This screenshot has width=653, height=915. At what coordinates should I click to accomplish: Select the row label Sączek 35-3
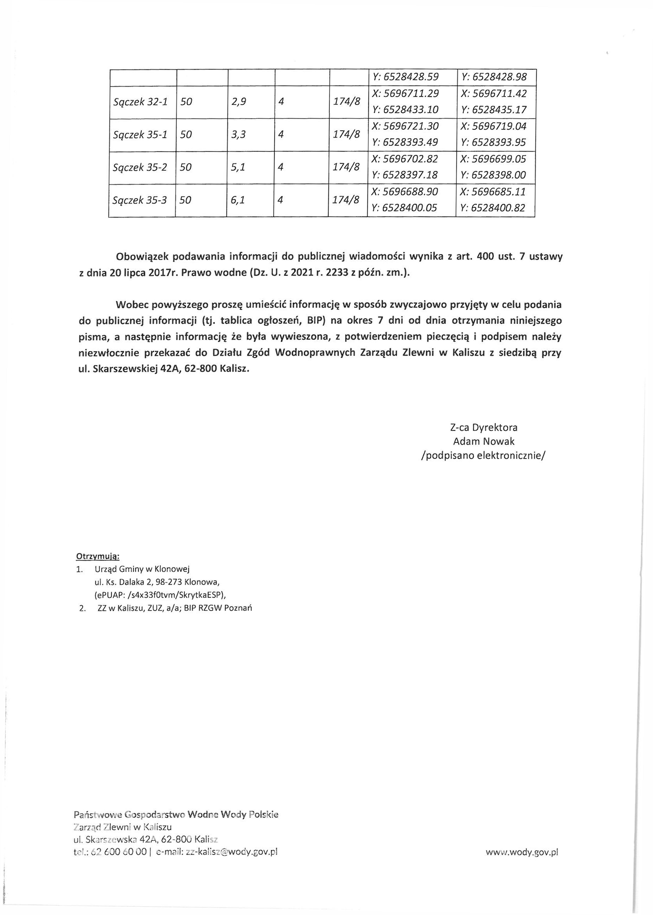(140, 200)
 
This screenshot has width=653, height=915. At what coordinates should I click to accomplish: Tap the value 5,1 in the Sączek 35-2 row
(238, 167)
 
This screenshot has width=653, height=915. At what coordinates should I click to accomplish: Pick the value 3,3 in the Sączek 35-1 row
(238, 135)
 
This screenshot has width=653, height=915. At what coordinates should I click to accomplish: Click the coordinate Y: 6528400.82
(493, 208)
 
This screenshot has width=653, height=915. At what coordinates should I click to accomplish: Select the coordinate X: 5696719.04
(493, 126)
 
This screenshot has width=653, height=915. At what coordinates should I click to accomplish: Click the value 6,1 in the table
(238, 200)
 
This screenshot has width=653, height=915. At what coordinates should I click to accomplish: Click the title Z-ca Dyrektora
(484, 427)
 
